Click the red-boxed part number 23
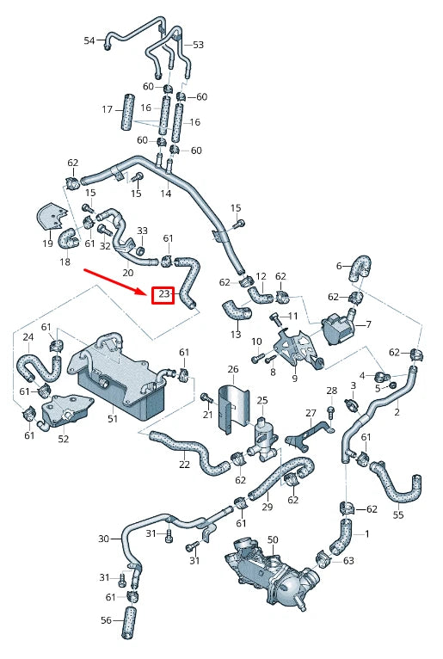tap(163, 296)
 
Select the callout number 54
tap(89, 40)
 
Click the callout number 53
tap(198, 44)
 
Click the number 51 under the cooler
tap(113, 419)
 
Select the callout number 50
tap(273, 539)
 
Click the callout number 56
tap(106, 620)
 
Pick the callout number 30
tap(103, 539)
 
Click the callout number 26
tap(232, 370)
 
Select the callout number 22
tap(184, 465)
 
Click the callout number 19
tap(47, 244)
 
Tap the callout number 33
tap(142, 231)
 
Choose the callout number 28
tap(332, 391)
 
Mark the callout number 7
tap(368, 324)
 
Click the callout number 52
tap(64, 439)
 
